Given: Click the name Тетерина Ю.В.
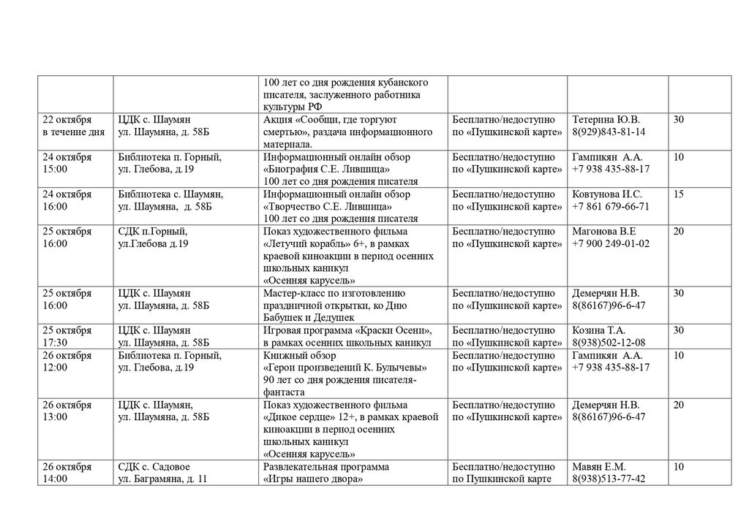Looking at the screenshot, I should coord(606,120).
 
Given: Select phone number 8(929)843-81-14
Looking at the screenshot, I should coord(609,132).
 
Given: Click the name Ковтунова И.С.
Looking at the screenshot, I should coord(607,194).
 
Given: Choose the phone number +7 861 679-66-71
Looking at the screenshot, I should coord(610,207).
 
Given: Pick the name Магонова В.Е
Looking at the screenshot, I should coord(604,232).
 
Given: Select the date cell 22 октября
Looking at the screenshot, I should coord(67,120).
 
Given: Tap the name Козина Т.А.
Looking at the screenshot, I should coord(599,330).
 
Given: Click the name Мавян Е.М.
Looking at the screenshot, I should coord(598,467).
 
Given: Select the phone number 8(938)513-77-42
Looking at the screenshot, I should coord(609,479).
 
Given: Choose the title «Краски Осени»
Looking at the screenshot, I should coord(399,330).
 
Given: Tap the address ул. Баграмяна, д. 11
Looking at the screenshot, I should coord(162,479).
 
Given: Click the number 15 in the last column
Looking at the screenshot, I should coord(679,194).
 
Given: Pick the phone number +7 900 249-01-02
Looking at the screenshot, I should coord(610,243).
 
